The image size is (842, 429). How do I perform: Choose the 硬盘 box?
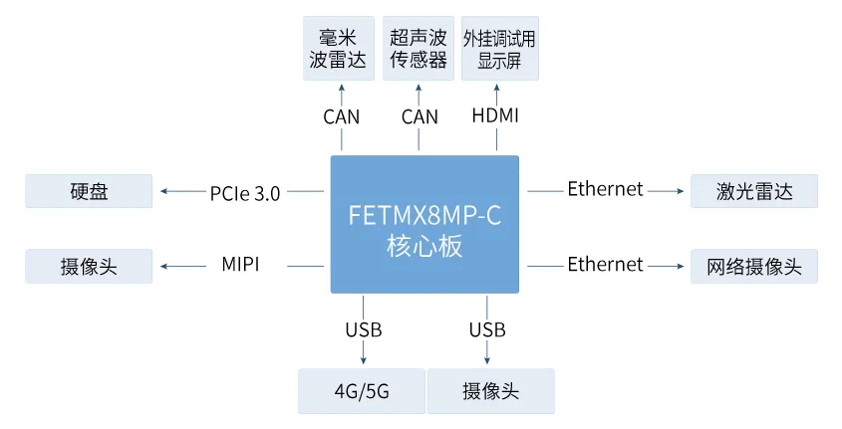tap(90, 191)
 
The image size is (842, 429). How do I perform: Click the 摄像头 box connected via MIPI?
tap(90, 266)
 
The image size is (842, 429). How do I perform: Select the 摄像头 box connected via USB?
tap(490, 391)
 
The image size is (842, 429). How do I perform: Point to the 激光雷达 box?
tap(754, 191)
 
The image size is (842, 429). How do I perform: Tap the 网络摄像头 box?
tap(754, 266)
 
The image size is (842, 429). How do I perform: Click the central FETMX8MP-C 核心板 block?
tap(424, 224)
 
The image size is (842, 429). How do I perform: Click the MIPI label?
tap(240, 266)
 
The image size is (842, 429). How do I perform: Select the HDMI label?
tap(495, 116)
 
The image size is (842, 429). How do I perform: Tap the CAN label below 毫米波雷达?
tap(341, 116)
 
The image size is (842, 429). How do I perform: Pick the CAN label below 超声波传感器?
tap(420, 116)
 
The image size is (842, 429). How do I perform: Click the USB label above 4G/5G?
tap(364, 329)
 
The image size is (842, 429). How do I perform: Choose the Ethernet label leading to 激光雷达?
tap(605, 189)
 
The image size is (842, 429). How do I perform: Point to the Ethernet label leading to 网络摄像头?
tap(605, 264)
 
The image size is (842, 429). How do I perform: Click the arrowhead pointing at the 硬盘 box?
tap(164, 191)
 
